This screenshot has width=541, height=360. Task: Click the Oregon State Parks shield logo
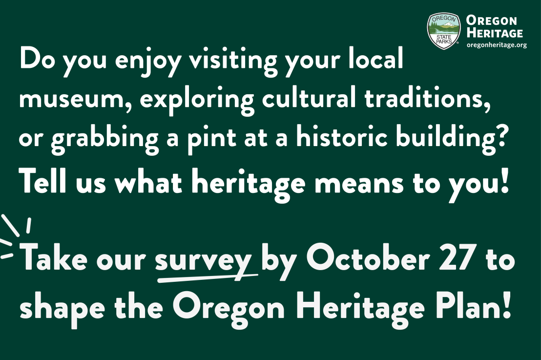click(x=444, y=31)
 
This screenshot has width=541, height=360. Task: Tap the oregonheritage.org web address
click(x=497, y=45)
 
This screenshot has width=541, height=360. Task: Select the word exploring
click(x=195, y=100)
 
